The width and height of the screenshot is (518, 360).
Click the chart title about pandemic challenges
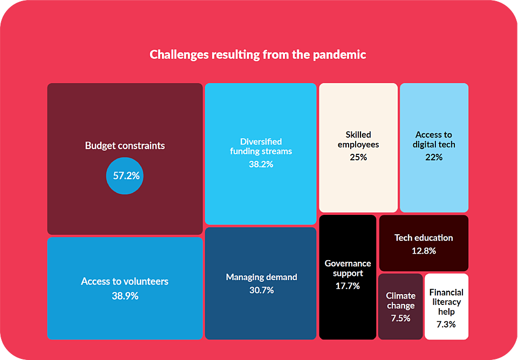258,55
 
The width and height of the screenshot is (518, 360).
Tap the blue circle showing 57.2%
125,175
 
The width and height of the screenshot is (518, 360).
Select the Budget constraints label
125,146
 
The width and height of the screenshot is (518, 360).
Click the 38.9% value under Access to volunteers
125,296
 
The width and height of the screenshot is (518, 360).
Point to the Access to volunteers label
125,281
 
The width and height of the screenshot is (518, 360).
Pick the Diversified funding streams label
261,146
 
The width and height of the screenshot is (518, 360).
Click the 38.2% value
261,164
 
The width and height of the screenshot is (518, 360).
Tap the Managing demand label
261,277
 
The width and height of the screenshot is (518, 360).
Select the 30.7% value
261,290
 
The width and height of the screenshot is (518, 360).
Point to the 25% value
358,157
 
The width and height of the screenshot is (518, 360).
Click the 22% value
434,157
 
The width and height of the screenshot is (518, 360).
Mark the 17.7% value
347,286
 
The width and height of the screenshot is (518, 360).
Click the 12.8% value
424,251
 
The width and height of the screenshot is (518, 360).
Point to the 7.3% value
446,324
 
